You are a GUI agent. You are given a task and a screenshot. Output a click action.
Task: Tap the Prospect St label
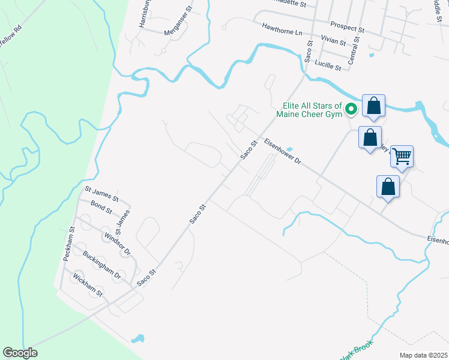348,28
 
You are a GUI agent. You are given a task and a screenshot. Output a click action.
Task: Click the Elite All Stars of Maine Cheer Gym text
309,110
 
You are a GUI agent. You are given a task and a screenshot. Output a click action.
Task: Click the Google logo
20,353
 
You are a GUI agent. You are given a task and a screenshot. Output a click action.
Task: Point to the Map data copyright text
423,355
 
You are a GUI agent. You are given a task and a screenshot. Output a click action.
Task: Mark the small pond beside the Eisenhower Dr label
290,149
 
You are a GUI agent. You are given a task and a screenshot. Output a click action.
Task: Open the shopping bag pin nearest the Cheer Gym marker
373,106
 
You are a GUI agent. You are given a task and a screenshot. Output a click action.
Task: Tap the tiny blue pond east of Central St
372,56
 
